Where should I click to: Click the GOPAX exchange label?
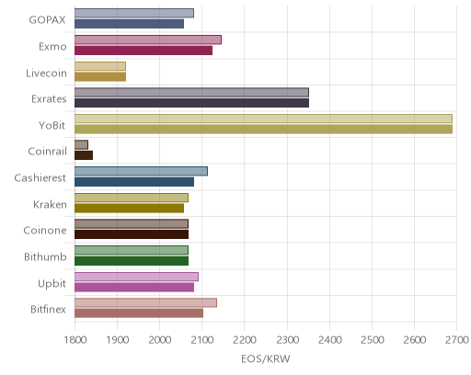coord(47,20)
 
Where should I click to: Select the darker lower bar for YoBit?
coord(263,130)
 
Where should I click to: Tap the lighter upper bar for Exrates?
coord(191,92)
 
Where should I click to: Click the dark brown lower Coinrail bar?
coord(84,155)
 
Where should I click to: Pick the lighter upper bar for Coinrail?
coord(81,145)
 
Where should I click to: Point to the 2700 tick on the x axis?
coord(457,340)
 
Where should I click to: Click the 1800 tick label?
coord(75,340)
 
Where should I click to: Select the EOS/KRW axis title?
coord(266,358)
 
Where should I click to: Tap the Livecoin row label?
coord(46,74)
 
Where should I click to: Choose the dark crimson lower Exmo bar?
coord(144,51)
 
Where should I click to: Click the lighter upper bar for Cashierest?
coord(141,171)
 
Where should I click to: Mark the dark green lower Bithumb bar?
coord(132,261)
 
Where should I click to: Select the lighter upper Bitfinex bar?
coord(145,302)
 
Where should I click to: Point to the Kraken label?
coord(50,204)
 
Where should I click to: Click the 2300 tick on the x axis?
coord(287,340)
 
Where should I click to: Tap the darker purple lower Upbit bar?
coord(134,288)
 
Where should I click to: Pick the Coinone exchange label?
coord(45,231)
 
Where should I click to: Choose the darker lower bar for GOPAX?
coord(129,24)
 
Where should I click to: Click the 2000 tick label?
coord(160,340)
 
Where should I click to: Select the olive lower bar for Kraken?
coord(129,208)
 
